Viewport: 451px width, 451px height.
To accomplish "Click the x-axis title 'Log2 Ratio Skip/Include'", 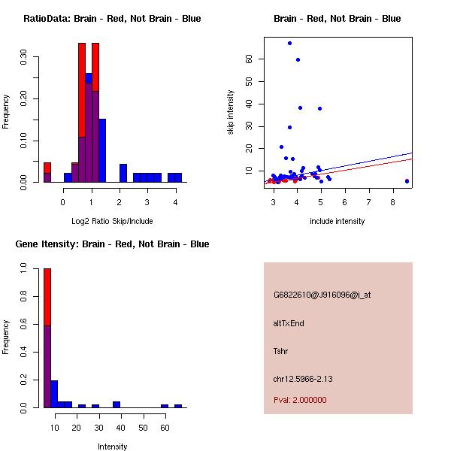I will [112, 221].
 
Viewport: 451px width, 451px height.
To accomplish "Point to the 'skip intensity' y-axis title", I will [231, 113].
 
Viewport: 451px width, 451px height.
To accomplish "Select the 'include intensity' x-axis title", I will [337, 221].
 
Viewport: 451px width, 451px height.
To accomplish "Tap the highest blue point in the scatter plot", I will [289, 43].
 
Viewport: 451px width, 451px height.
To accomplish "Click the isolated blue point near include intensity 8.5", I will [407, 181].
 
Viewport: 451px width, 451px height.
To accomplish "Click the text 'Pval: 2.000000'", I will [300, 400].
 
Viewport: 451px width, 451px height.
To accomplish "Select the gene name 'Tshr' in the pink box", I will [281, 351].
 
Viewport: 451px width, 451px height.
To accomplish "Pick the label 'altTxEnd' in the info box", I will [289, 323].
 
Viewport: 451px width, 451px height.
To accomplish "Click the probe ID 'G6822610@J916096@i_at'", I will [322, 295].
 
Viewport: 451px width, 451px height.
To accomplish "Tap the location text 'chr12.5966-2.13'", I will [303, 379].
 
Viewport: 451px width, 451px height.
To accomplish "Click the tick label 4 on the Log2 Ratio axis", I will [175, 201].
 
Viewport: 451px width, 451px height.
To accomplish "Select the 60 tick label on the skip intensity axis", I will [249, 58].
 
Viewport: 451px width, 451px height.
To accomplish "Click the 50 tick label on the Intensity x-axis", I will [143, 427].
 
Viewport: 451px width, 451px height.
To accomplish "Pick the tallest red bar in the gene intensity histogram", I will [47, 297].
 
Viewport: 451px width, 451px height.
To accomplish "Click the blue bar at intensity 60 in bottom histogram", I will [165, 406].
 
